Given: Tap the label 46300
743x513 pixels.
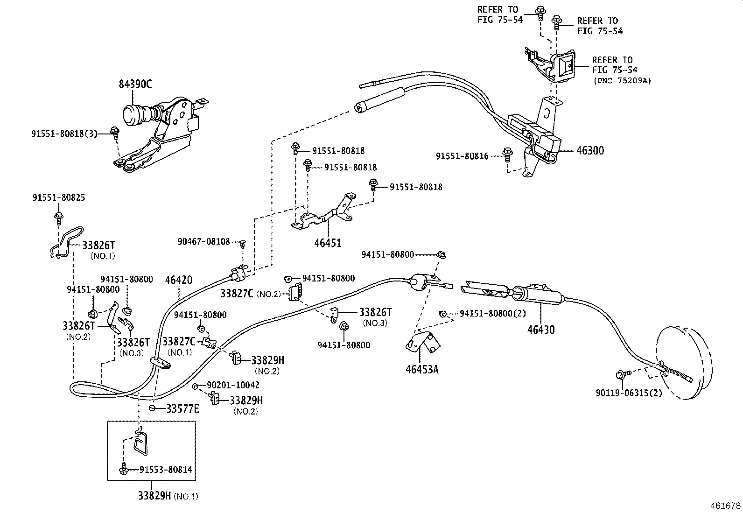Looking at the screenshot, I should click(590, 151).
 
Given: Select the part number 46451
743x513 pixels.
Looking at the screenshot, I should click(328, 243).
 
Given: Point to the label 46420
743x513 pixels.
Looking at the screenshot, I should click(179, 280).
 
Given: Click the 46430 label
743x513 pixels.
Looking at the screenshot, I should click(541, 330).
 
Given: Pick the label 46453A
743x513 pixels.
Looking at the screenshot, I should click(422, 369).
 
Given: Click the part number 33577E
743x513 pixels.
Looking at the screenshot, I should click(182, 409).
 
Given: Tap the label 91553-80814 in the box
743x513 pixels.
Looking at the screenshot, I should click(166, 470).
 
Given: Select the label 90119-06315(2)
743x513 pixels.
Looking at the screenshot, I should click(629, 393).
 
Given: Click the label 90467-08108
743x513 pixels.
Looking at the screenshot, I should click(203, 242).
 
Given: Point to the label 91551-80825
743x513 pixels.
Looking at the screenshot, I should click(59, 197).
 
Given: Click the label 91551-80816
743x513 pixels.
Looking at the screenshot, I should click(462, 156).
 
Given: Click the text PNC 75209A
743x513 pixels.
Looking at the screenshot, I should click(622, 80).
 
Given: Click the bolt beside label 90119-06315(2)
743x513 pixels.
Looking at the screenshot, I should click(622, 373).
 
